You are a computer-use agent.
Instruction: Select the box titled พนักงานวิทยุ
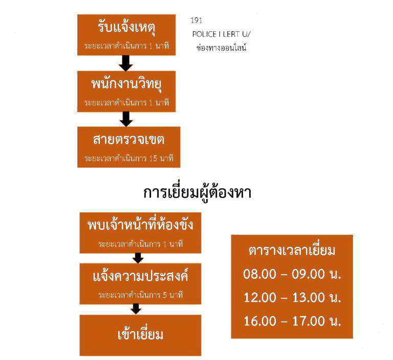click(128, 91)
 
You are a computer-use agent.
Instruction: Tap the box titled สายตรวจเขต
click(128, 146)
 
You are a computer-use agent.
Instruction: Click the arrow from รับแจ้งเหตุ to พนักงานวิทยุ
click(126, 63)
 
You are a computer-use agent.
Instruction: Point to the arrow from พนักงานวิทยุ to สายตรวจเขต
click(126, 119)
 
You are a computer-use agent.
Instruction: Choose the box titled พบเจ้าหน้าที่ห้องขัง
click(133, 232)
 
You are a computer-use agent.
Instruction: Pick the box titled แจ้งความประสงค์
click(133, 283)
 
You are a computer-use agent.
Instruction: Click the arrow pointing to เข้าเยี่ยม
click(136, 309)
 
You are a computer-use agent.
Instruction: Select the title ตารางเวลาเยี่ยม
click(292, 251)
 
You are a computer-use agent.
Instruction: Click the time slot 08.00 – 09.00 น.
click(292, 274)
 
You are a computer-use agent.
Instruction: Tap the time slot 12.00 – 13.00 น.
click(292, 298)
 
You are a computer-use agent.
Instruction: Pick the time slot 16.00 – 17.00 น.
click(292, 321)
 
